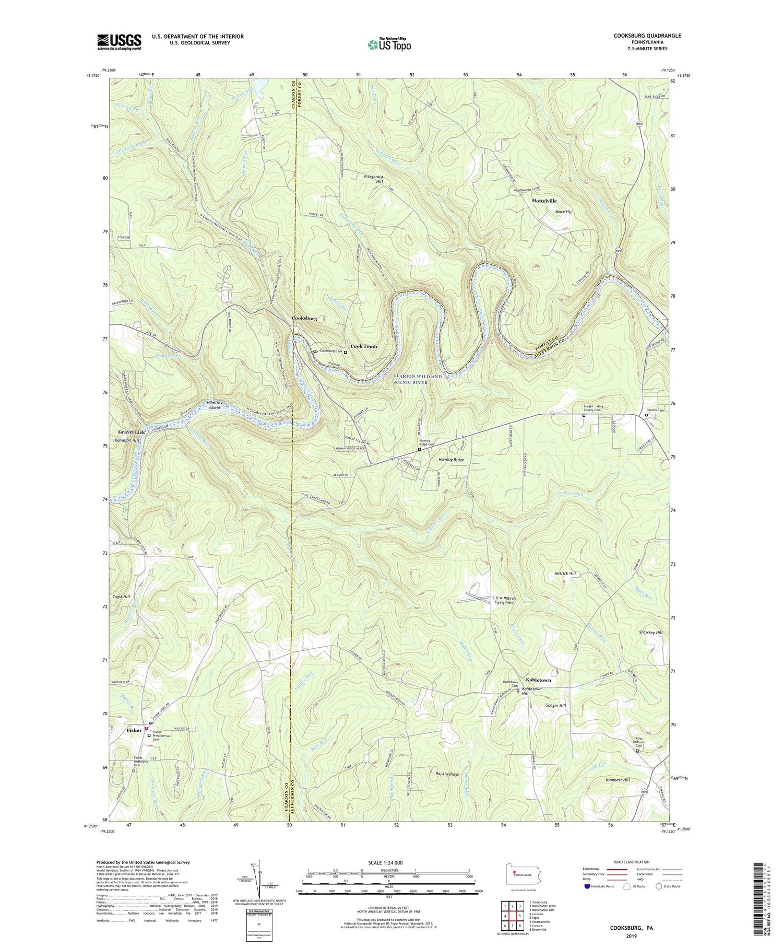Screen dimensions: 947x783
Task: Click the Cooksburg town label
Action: [304, 318]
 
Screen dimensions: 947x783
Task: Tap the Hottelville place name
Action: [544, 201]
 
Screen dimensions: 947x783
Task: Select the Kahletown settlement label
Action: [538, 680]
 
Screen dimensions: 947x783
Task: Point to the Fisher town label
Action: [134, 730]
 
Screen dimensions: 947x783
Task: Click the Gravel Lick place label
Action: [131, 432]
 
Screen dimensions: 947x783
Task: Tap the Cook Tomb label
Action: [363, 346]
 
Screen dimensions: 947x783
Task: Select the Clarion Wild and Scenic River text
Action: [417, 379]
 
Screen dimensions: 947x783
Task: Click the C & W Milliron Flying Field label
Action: [504, 600]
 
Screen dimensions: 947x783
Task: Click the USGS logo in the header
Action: [119, 42]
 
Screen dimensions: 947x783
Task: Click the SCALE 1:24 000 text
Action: [388, 862]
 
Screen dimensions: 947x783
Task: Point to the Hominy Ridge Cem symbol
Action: [419, 449]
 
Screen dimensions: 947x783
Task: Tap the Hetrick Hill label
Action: [565, 574]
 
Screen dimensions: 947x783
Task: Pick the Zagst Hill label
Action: [120, 596]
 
